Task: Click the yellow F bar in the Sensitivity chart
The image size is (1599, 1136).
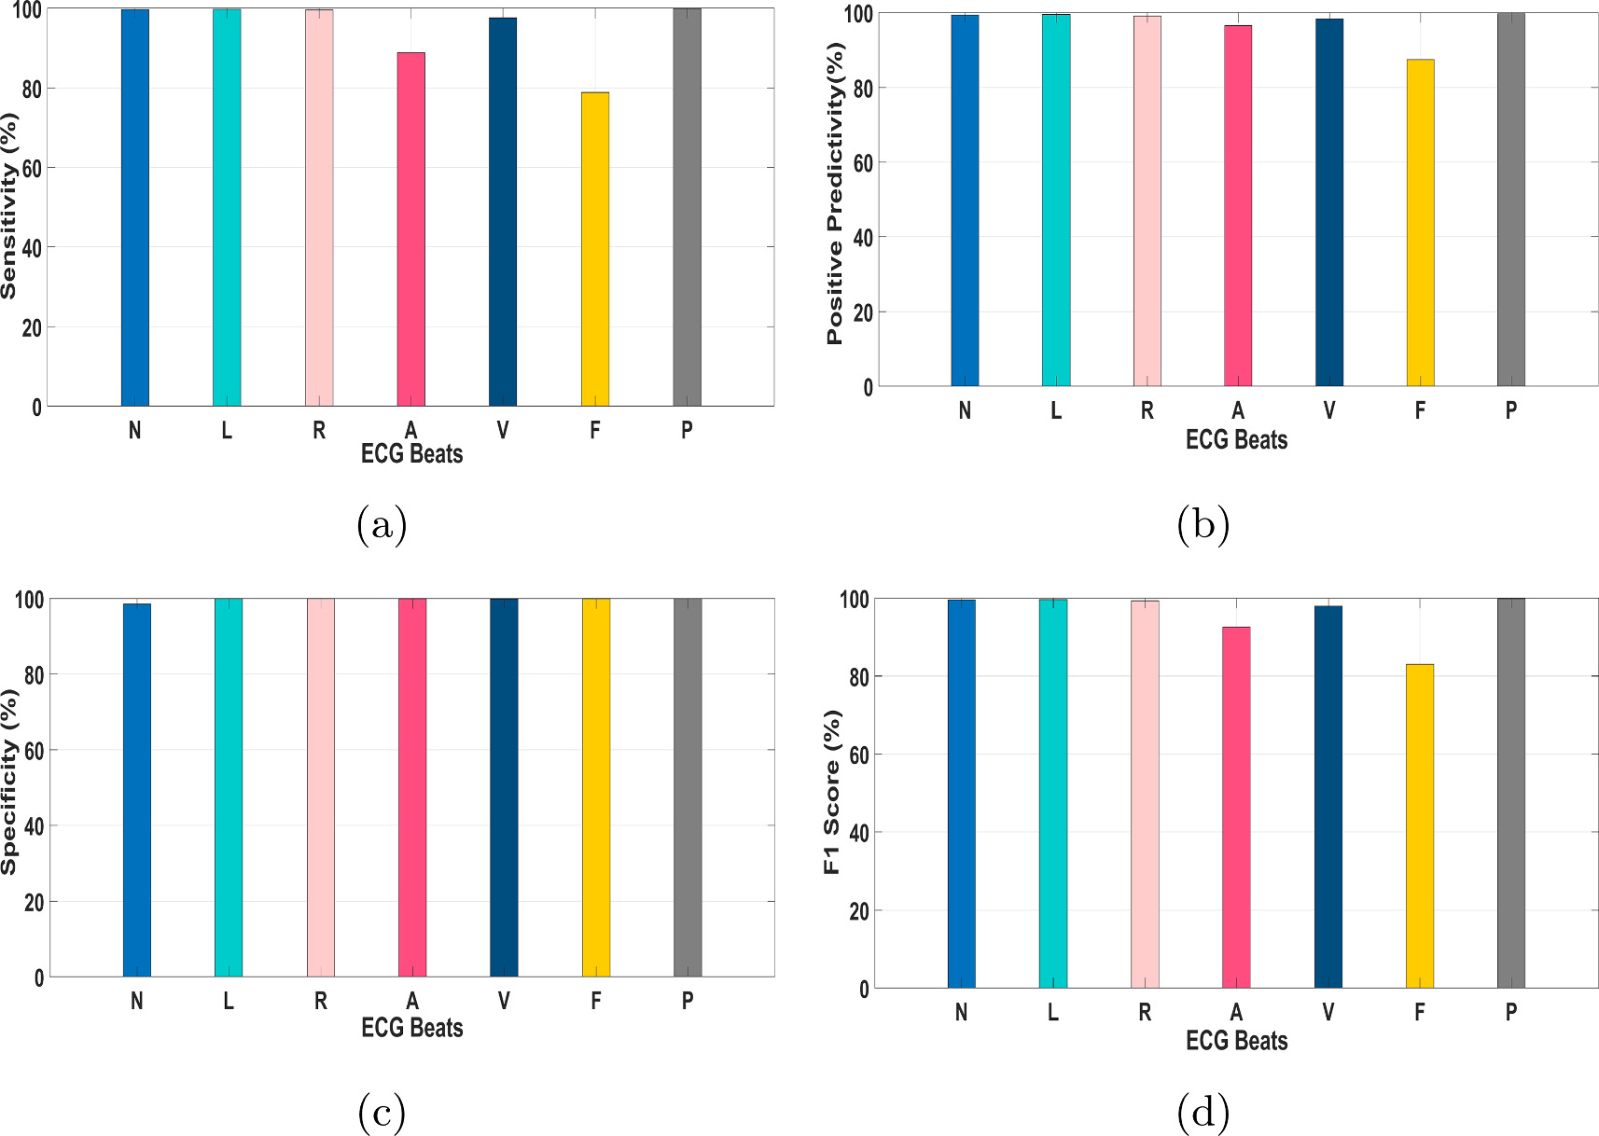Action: coord(595,249)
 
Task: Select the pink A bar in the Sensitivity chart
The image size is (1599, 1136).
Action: coord(411,229)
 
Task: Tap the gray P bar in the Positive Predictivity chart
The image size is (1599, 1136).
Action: coord(1510,200)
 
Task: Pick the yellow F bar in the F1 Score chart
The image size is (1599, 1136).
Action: coord(1419,825)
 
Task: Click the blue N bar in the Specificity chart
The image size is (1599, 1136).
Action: coord(137,790)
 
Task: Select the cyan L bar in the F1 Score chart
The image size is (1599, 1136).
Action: coord(1053,793)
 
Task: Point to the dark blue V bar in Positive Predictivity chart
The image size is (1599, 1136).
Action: coord(1328,202)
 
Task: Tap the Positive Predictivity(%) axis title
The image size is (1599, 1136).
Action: coord(835,194)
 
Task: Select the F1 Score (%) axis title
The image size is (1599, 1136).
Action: coord(832,792)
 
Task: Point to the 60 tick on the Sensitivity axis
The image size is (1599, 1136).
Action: coord(32,169)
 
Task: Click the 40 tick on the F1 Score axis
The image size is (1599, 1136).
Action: coord(859,833)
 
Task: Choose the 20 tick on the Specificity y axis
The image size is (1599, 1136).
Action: coord(33,903)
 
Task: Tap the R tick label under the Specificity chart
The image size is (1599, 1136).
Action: coord(320,1001)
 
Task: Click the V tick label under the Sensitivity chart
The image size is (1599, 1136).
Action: coord(503,430)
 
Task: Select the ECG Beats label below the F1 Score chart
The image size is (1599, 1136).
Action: coord(1236,1041)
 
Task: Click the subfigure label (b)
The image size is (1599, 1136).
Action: coord(1203,525)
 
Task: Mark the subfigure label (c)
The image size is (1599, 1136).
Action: coord(382,1112)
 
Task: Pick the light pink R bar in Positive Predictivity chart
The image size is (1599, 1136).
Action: coord(1147,201)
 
